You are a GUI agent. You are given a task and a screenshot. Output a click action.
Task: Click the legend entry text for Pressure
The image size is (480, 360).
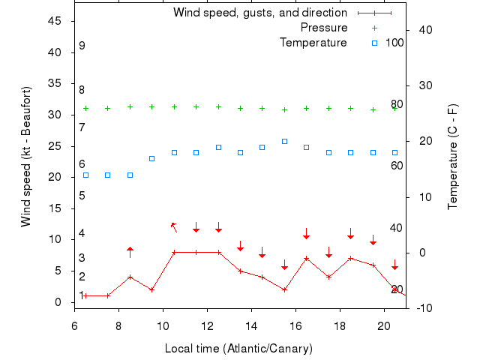click(323, 28)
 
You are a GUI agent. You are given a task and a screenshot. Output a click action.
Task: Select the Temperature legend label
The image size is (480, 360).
click(313, 42)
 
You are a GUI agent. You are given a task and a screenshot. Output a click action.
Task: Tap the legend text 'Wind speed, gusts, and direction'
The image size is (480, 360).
click(259, 13)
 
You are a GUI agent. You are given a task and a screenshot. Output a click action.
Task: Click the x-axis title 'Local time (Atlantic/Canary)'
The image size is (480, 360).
click(238, 349)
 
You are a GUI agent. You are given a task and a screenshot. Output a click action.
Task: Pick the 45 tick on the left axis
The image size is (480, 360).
click(55, 21)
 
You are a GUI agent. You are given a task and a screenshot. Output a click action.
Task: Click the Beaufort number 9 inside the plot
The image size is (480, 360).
click(82, 46)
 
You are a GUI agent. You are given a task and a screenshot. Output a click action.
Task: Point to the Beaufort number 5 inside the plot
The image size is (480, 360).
click(82, 196)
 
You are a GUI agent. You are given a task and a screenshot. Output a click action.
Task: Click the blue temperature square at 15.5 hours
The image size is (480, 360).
click(284, 141)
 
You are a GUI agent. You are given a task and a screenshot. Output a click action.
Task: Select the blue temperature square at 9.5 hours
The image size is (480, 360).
click(151, 158)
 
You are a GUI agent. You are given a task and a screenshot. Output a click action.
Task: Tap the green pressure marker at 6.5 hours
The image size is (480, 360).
click(85, 108)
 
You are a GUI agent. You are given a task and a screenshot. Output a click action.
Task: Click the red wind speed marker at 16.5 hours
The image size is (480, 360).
click(306, 259)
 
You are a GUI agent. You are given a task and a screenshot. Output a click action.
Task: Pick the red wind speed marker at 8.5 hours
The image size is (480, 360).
click(130, 277)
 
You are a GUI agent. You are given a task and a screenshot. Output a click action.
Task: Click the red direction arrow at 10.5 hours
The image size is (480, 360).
click(174, 226)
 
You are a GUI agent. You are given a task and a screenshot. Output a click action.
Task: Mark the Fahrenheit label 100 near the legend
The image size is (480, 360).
click(394, 42)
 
